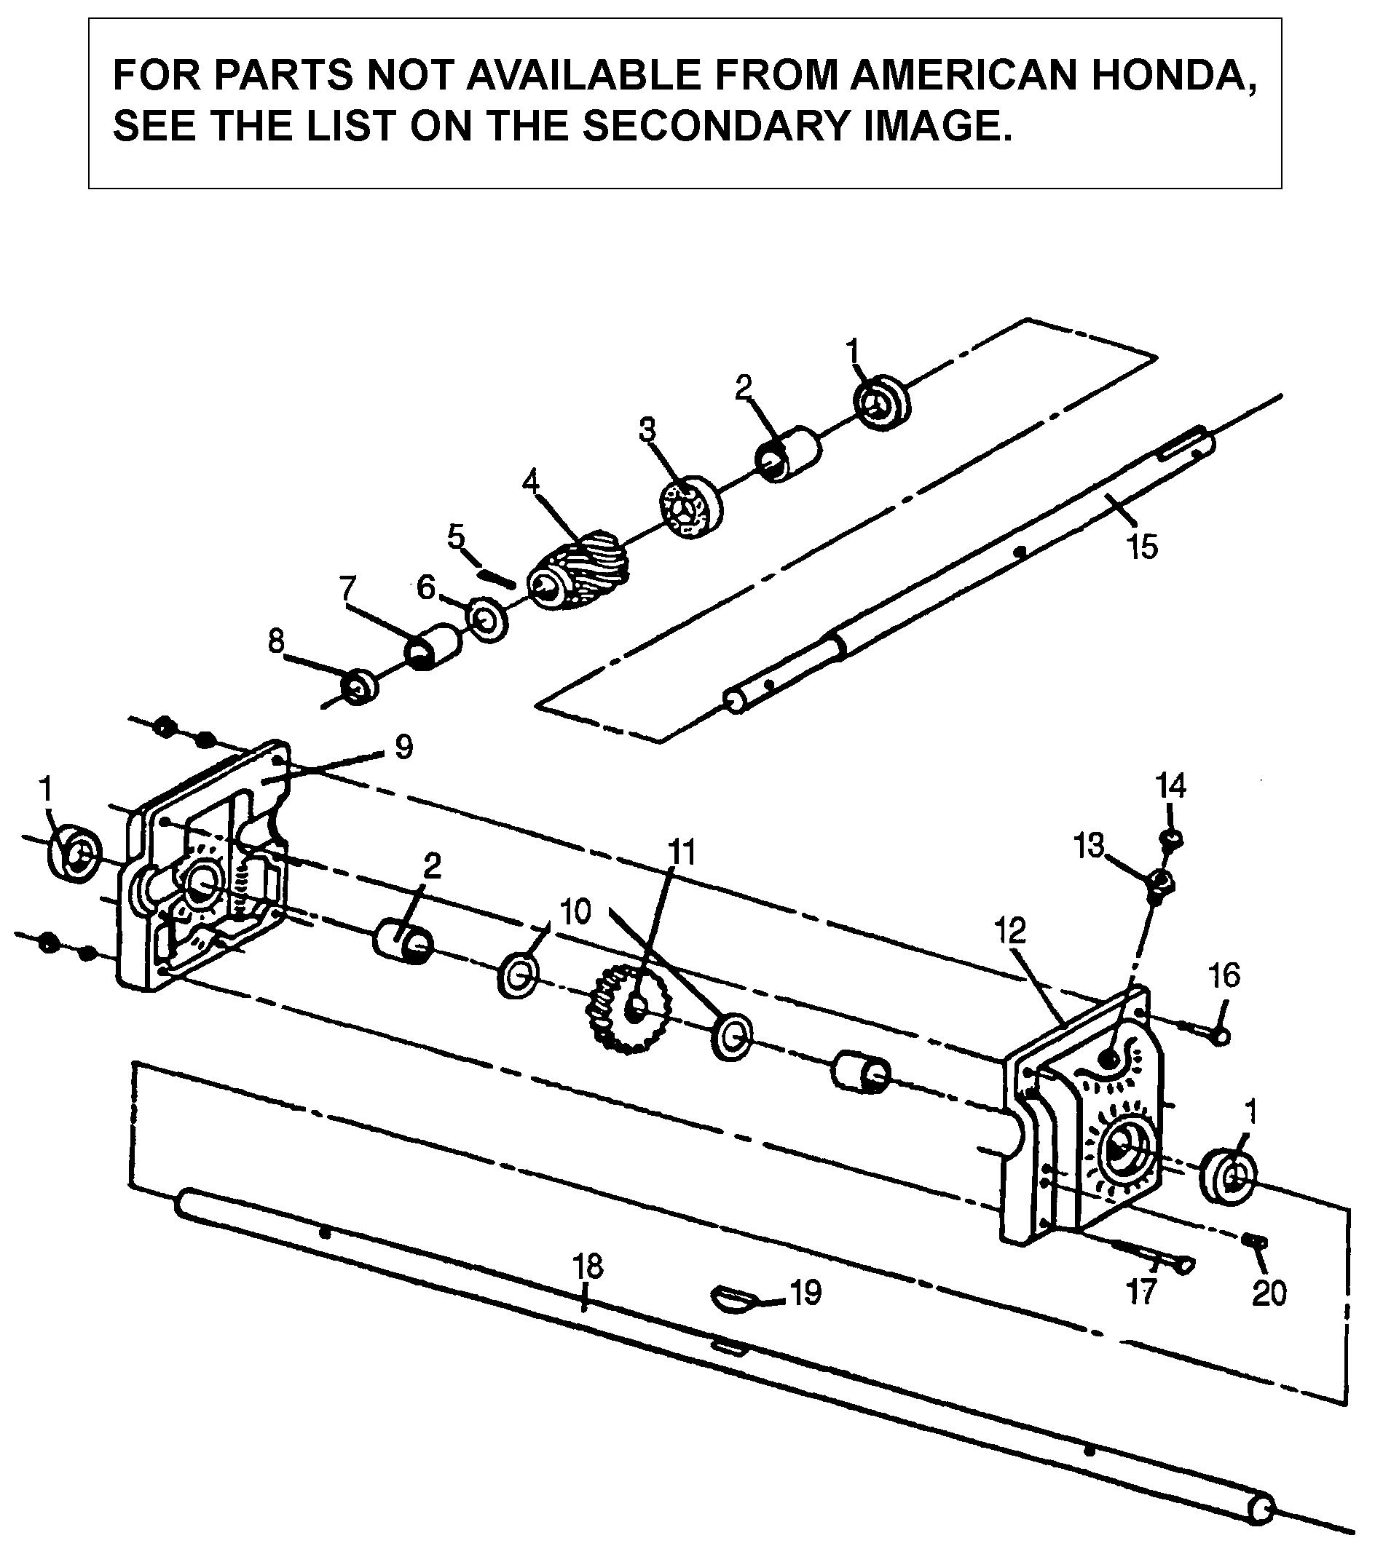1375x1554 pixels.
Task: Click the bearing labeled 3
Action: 690,507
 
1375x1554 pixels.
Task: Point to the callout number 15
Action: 1142,547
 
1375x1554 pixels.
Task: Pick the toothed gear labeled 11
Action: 628,1008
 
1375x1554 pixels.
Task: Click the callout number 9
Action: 403,747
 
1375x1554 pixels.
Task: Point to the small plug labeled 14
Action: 1170,839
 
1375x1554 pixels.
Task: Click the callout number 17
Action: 1141,1292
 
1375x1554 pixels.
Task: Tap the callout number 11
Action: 682,853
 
